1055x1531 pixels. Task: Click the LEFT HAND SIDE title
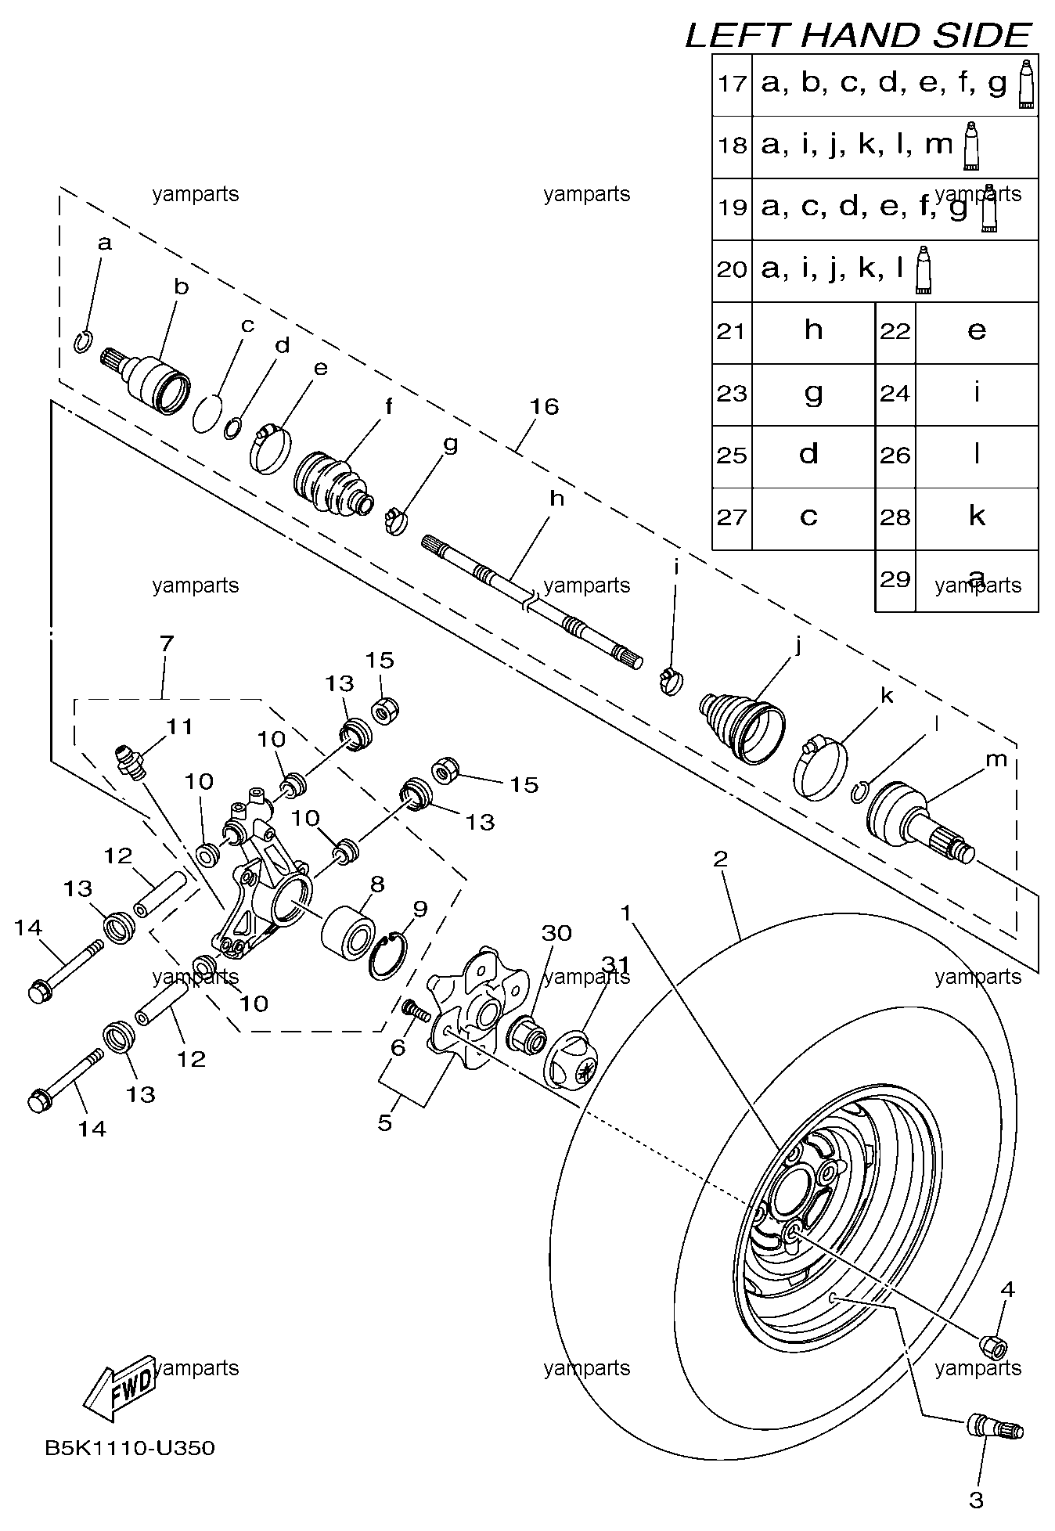pyautogui.click(x=859, y=35)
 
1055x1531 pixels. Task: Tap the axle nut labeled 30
pyautogui.click(x=527, y=1034)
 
